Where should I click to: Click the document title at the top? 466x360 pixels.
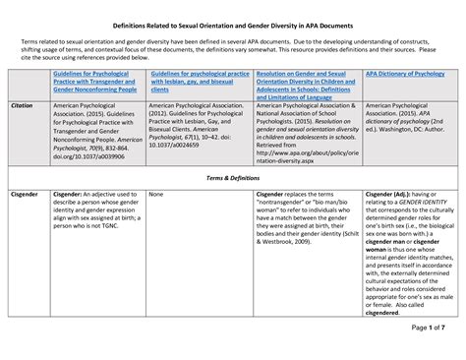coord(233,23)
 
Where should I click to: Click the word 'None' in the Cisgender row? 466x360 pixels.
coord(155,195)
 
